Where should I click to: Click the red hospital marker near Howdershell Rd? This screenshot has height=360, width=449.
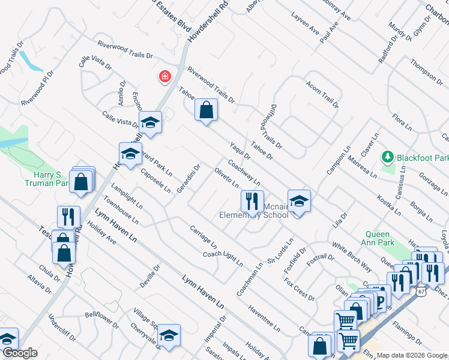[164, 76]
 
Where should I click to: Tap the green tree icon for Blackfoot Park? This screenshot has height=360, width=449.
[388, 158]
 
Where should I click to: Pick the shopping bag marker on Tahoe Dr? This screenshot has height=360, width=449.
[206, 110]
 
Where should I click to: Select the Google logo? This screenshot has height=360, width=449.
[19, 353]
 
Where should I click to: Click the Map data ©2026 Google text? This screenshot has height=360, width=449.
[411, 355]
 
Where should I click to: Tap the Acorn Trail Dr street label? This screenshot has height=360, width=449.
[322, 95]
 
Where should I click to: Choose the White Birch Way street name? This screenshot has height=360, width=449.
[352, 257]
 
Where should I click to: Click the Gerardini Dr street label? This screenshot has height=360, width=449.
[188, 178]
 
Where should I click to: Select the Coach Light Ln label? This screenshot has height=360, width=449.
[223, 258]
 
